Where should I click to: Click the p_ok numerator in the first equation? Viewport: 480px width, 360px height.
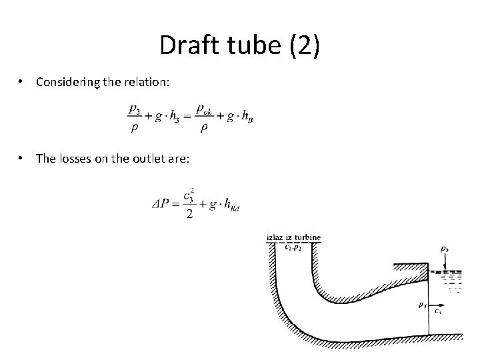coord(205,107)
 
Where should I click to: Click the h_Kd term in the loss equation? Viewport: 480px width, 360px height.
coord(230,204)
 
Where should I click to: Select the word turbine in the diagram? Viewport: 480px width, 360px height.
coord(308,237)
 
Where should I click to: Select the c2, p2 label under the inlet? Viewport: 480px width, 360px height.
coord(293,247)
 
